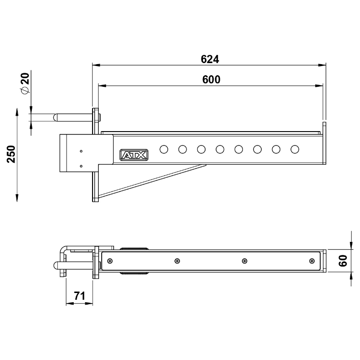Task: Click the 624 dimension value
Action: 210,59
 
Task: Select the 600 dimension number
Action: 211,80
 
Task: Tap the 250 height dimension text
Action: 11,154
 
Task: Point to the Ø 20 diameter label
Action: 25,83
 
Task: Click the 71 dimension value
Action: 80,296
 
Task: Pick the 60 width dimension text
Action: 343,261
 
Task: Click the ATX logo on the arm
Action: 134,155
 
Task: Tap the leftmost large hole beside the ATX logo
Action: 164,149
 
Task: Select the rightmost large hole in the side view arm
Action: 294,149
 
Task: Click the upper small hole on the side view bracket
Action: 81,151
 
